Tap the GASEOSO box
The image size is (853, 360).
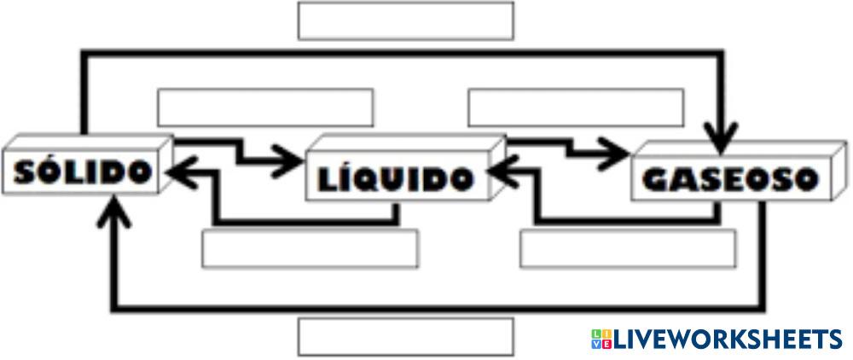tap(729, 179)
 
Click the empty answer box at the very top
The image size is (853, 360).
tap(405, 20)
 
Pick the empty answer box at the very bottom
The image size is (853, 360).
tap(405, 336)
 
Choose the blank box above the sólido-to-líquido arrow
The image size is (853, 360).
tap(265, 107)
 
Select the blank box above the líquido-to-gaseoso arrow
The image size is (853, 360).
tap(576, 107)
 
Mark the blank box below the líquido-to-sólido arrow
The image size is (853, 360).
tap(310, 248)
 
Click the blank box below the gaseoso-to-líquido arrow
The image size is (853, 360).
tap(627, 248)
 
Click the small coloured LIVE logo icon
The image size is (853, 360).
tap(601, 340)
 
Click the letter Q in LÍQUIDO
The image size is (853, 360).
tap(375, 179)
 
